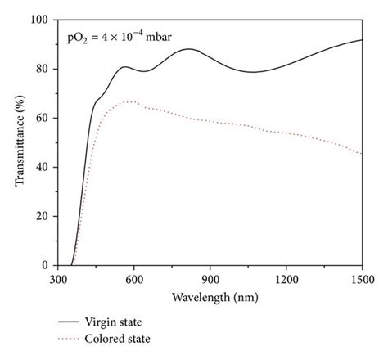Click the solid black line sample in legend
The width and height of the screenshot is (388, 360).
74,322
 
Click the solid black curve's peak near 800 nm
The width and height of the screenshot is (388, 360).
189,49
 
